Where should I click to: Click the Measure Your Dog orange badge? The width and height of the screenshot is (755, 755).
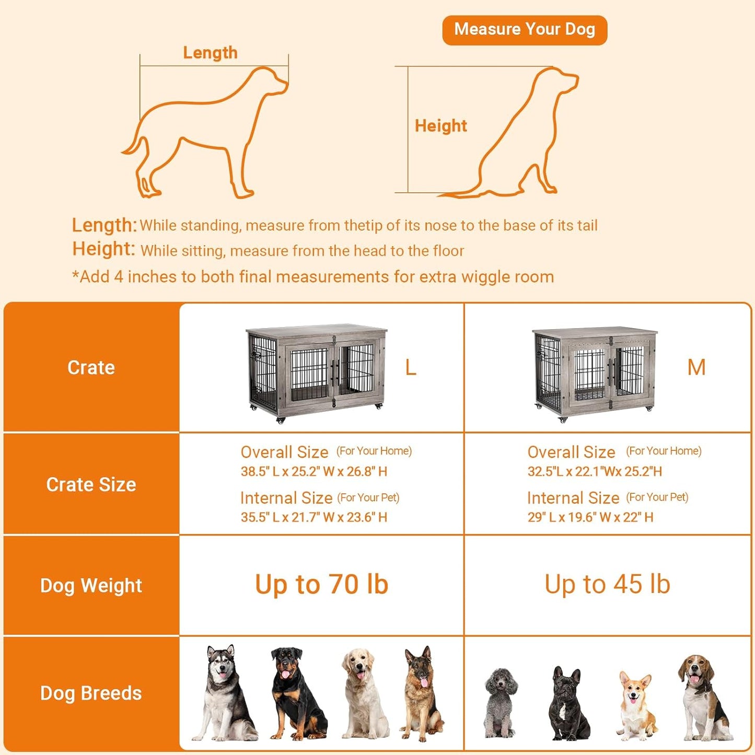click(x=525, y=30)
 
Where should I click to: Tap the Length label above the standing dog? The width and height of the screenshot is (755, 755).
click(x=210, y=53)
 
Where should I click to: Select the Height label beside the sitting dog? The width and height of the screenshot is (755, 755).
click(x=440, y=126)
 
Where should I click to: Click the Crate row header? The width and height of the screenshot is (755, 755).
click(x=91, y=368)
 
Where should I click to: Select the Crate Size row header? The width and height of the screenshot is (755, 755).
click(x=91, y=485)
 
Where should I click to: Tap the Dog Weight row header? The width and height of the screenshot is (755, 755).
click(x=91, y=586)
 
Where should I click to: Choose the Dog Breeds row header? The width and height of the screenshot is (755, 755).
click(x=91, y=693)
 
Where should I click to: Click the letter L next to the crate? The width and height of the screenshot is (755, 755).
click(x=411, y=368)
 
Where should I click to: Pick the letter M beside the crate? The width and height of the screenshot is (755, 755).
click(x=696, y=368)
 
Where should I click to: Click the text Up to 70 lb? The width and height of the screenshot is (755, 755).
click(x=321, y=585)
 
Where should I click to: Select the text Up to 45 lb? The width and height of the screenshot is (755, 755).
click(x=607, y=585)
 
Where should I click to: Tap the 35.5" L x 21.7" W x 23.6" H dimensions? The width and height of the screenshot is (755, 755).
click(x=314, y=517)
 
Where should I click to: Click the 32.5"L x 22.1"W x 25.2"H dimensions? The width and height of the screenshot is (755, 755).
click(x=595, y=472)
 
